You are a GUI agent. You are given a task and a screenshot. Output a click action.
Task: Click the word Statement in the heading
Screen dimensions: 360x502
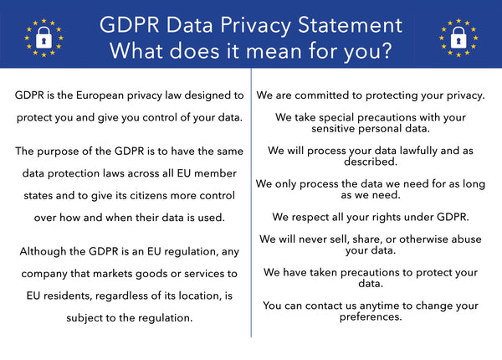340,23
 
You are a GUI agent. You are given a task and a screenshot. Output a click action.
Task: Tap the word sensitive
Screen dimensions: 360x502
305,130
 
